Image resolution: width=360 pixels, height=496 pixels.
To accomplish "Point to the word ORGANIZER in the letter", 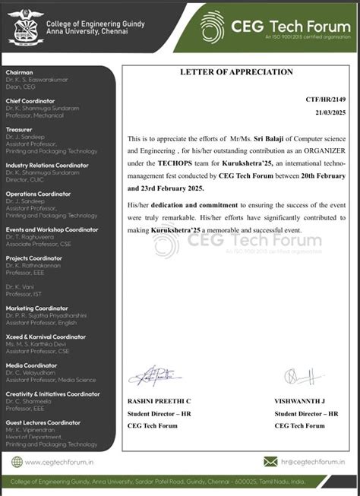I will coord(307,150).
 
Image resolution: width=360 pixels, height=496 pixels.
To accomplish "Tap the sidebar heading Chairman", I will coord(19,71).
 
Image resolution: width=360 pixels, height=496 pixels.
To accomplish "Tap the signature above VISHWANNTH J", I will coord(298,375).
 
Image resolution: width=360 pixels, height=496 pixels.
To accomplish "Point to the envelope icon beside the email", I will coord(270,461).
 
